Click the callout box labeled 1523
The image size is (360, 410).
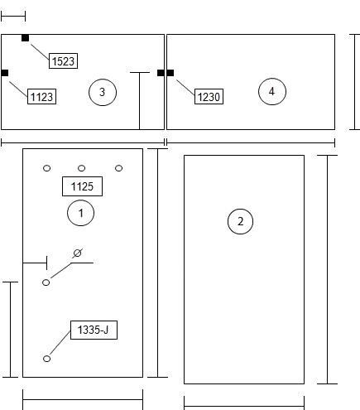click(63, 60)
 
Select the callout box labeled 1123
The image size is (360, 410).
click(41, 96)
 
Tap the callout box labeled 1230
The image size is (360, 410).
click(209, 96)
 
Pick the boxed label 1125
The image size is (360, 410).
click(82, 186)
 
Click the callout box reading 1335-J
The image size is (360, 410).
click(94, 330)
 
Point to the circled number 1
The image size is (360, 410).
click(80, 213)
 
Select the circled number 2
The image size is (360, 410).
click(240, 221)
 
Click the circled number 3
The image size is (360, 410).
click(103, 92)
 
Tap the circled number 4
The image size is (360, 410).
click(272, 91)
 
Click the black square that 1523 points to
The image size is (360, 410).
click(25, 38)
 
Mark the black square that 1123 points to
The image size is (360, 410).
click(5, 73)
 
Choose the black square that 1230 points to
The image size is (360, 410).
click(170, 73)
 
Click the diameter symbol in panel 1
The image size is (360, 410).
click(78, 253)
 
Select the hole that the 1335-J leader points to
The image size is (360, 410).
click(47, 359)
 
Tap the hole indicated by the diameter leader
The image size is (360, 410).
click(46, 282)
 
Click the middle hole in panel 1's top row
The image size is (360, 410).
click(82, 168)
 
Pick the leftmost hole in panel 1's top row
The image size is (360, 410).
click(47, 168)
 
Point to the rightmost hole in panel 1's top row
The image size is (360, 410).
click(118, 168)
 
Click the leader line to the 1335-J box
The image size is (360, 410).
click(60, 343)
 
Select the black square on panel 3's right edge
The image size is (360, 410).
click(161, 73)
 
